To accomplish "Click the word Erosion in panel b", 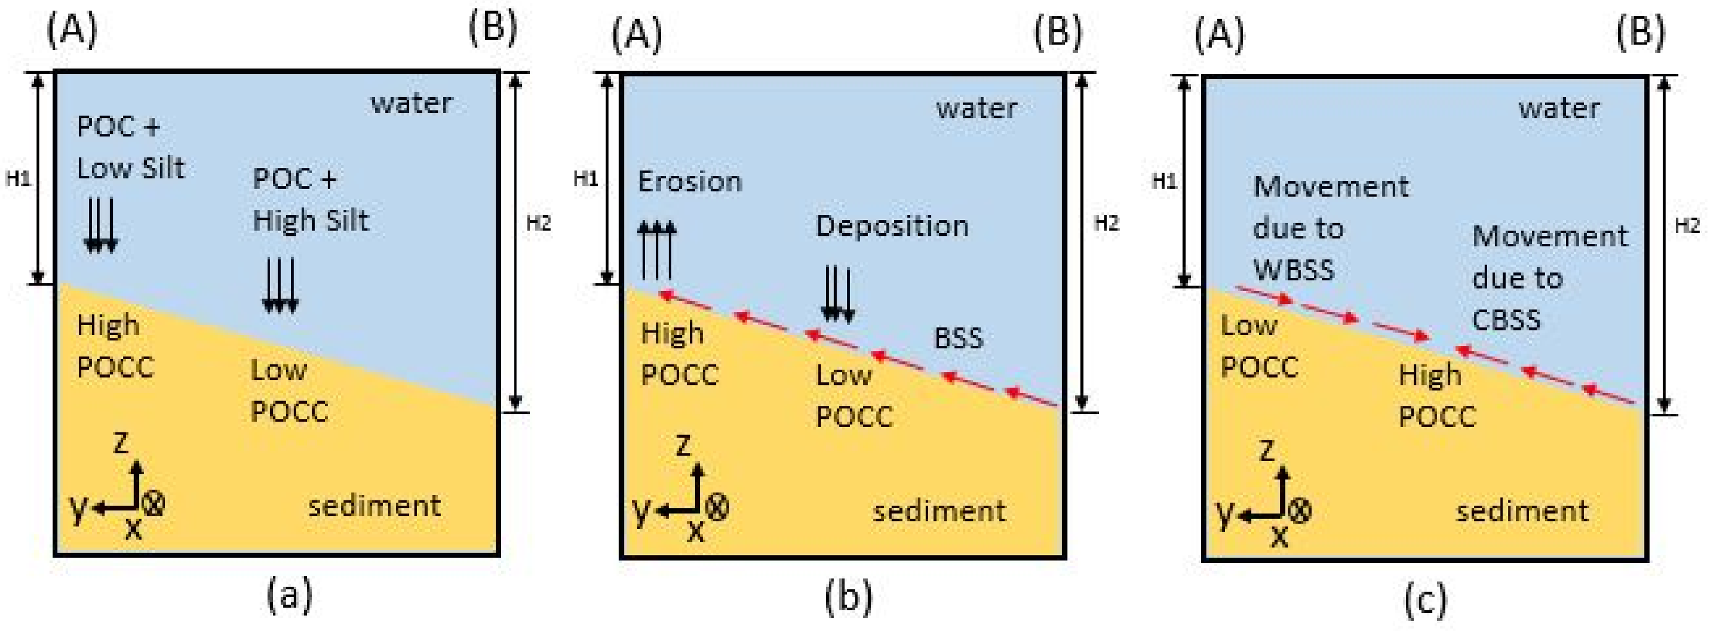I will tap(689, 182).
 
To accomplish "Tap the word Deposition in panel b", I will tap(891, 227).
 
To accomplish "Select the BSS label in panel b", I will tap(958, 339).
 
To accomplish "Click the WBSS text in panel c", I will tap(1293, 270).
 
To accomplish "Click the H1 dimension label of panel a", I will tap(18, 178).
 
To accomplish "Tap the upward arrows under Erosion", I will tap(657, 251).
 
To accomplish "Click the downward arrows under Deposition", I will tap(837, 294).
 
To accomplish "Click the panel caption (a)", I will tap(289, 594).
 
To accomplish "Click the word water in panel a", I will tap(411, 104).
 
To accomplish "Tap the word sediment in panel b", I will tap(939, 511).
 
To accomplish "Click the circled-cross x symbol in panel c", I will tap(1299, 510).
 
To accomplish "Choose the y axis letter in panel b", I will tap(640, 510).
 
